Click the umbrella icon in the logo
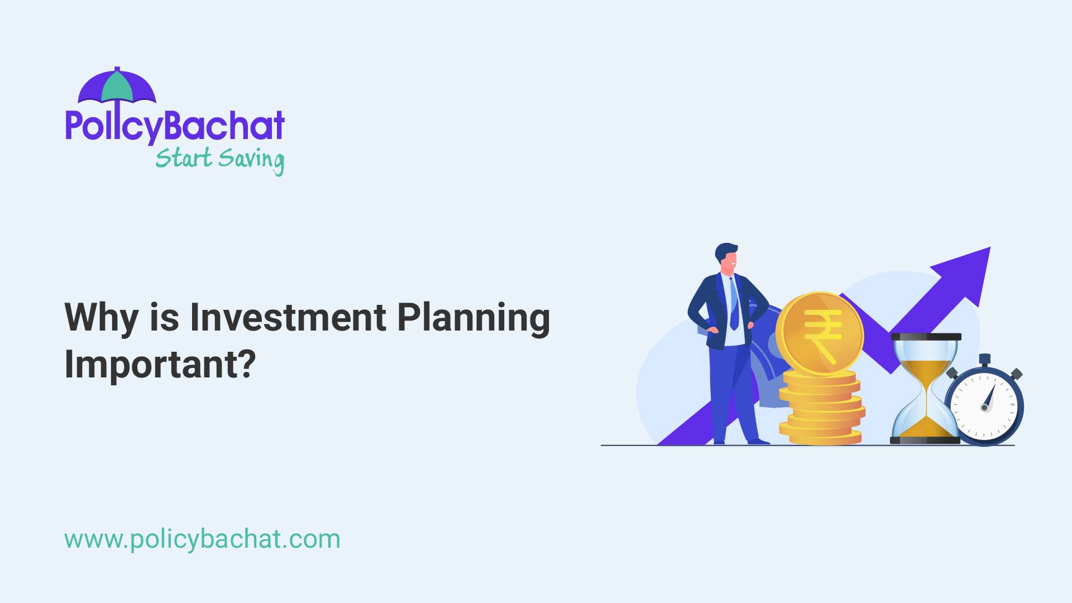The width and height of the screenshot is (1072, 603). point(117,87)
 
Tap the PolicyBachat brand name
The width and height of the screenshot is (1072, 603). point(175,126)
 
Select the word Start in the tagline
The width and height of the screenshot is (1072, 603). point(184,159)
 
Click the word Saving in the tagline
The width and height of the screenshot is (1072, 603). point(251,160)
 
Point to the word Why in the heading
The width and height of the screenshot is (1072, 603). point(101,318)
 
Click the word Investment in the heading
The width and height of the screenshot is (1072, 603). point(288,317)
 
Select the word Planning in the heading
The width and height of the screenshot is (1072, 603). point(473,318)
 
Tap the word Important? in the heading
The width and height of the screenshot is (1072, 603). point(160,364)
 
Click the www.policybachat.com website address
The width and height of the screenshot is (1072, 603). point(202,539)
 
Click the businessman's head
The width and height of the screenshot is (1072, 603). point(727,257)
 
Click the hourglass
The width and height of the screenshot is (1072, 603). point(925,389)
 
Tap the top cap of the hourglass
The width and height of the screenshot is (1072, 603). point(926,337)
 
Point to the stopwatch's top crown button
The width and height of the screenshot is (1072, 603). point(984,359)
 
